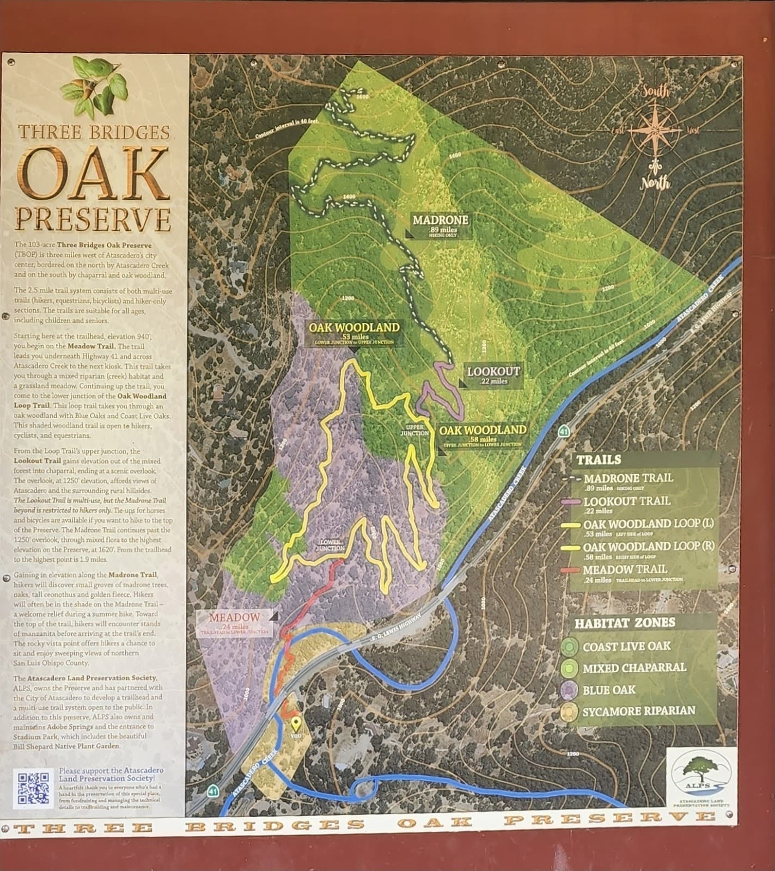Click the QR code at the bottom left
click(x=34, y=788)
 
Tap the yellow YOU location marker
click(x=296, y=725)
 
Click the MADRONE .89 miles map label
click(x=440, y=225)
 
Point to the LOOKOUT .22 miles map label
click(x=493, y=375)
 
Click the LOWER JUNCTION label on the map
click(x=329, y=545)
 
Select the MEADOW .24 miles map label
click(x=235, y=622)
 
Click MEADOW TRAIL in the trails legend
click(x=618, y=570)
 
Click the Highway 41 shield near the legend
click(x=564, y=432)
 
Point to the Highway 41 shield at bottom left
click(x=212, y=789)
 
